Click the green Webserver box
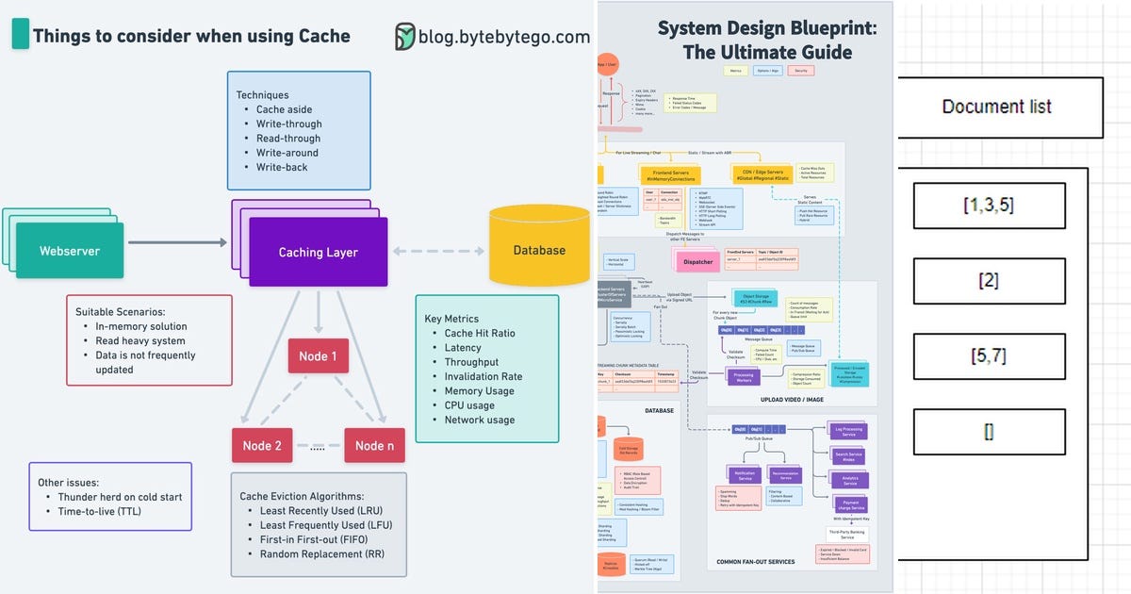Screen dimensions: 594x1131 pos(69,251)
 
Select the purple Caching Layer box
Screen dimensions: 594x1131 pos(318,252)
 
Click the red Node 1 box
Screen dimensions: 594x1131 pos(318,356)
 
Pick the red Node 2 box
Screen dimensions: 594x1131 pos(262,445)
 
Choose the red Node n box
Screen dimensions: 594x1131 pos(374,445)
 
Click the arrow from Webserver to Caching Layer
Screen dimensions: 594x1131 pos(177,243)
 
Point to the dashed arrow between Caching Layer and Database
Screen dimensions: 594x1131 pos(438,251)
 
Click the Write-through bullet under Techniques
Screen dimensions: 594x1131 pos(288,124)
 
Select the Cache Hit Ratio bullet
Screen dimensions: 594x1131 pos(479,334)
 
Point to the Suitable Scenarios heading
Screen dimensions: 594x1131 pos(121,311)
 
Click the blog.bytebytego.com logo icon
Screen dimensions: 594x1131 pos(404,37)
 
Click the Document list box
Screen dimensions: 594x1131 pos(996,107)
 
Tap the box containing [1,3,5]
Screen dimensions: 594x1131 pos(989,206)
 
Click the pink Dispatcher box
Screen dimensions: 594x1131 pos(697,262)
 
